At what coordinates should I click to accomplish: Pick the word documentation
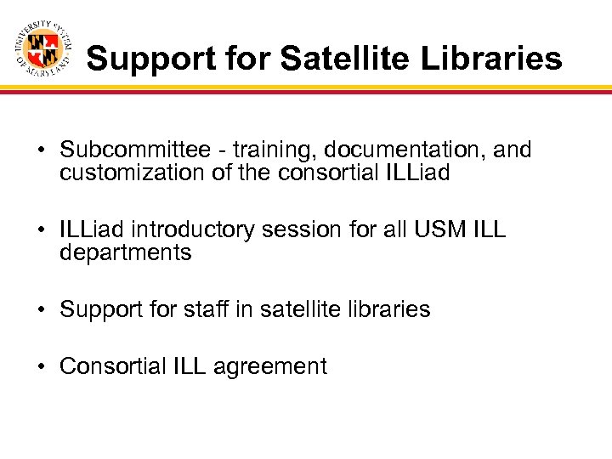click(x=396, y=150)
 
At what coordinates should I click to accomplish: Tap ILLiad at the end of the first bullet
click(x=416, y=173)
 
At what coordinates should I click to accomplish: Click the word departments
click(x=126, y=253)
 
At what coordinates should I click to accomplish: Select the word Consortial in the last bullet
click(x=114, y=366)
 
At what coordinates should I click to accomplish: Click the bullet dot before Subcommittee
click(x=41, y=151)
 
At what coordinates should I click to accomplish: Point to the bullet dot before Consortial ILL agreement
click(x=41, y=367)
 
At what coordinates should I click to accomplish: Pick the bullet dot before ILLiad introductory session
click(x=41, y=231)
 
